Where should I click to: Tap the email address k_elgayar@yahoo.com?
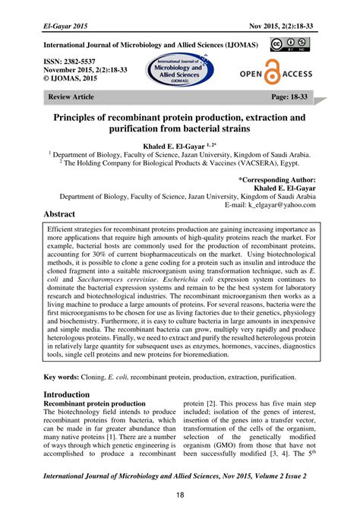tap(275, 204)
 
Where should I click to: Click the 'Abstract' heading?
tap(65, 215)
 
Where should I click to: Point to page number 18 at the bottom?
tap(180, 496)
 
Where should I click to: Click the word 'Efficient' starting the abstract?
tap(65, 228)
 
